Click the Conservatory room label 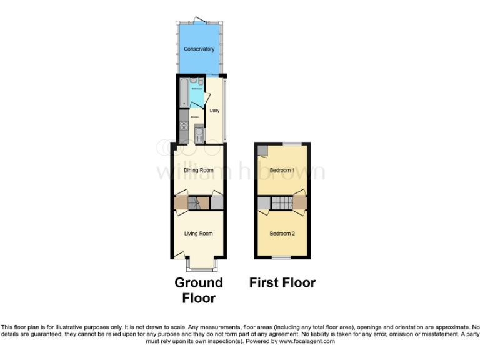pyautogui.click(x=199, y=49)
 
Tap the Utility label pyautogui.click(x=214, y=111)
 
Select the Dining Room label pyautogui.click(x=199, y=170)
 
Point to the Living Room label pyautogui.click(x=198, y=234)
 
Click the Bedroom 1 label pyautogui.click(x=282, y=170)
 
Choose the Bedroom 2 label pyautogui.click(x=282, y=234)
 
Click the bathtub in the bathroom pyautogui.click(x=183, y=92)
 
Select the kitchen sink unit pyautogui.click(x=199, y=133)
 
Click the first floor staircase pyautogui.click(x=282, y=203)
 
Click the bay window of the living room pyautogui.click(x=199, y=266)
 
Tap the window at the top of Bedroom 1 pyautogui.click(x=291, y=144)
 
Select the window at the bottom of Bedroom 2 pyautogui.click(x=281, y=257)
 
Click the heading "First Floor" pyautogui.click(x=282, y=283)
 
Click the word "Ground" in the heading pyautogui.click(x=199, y=283)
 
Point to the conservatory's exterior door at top pyautogui.click(x=200, y=20)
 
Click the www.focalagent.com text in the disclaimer pyautogui.click(x=307, y=341)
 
